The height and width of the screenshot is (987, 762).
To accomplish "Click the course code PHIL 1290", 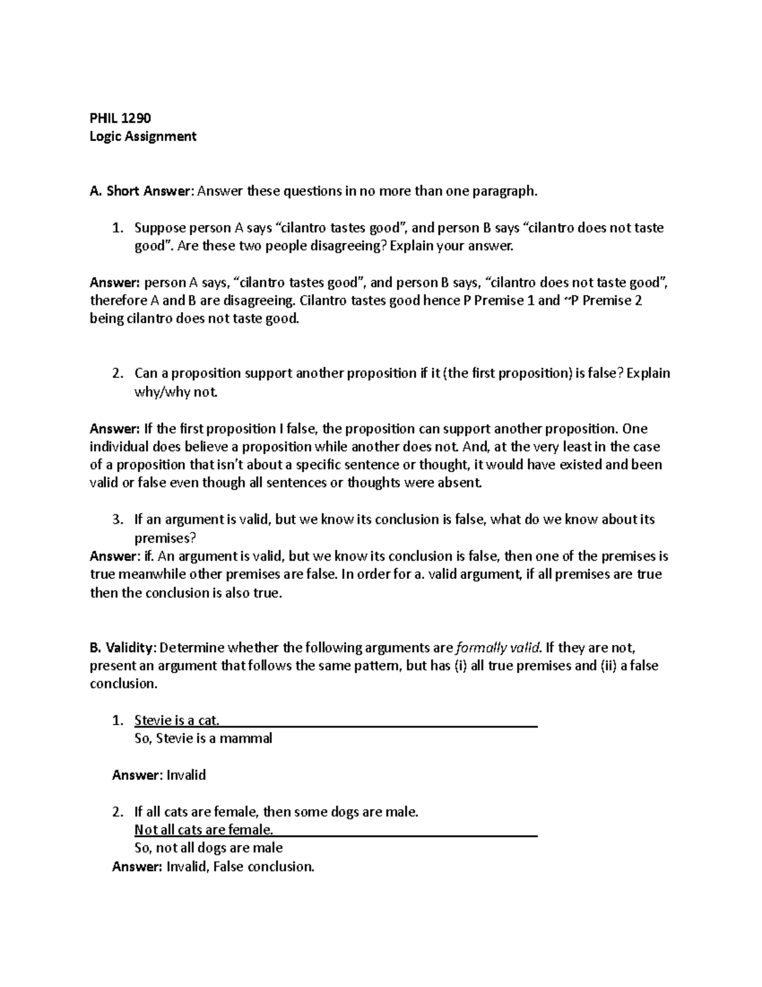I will click(120, 118).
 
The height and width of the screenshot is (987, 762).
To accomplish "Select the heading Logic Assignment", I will click(143, 136).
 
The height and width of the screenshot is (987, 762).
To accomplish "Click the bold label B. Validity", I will click(122, 648).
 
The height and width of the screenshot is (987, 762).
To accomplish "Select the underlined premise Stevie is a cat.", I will click(177, 721).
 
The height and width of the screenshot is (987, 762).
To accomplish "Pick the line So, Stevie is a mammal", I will click(203, 739).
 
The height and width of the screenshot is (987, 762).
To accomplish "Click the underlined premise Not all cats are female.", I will click(204, 829).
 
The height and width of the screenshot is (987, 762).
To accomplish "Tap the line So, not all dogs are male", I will click(208, 848).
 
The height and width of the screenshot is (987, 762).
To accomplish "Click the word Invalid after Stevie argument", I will click(185, 775).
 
